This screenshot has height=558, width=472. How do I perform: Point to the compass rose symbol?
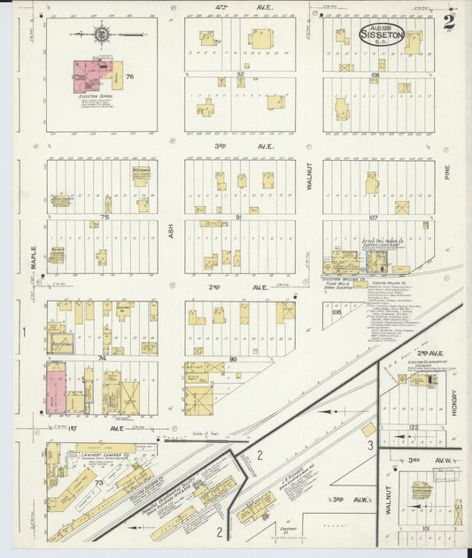(102, 34)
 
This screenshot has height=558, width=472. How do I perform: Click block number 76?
(130, 77)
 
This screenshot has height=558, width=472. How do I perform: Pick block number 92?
(240, 74)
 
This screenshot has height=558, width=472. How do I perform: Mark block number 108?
(375, 75)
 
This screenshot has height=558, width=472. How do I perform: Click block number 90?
(233, 358)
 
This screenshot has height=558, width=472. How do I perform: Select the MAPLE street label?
(34, 256)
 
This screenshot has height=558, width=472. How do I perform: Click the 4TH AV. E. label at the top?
(239, 8)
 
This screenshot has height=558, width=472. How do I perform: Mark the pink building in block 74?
(56, 386)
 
